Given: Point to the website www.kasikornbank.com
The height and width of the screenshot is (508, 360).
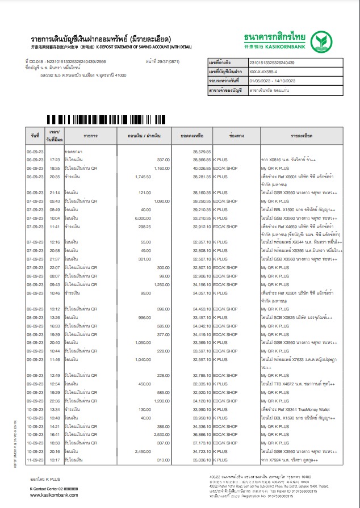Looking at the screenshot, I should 55,495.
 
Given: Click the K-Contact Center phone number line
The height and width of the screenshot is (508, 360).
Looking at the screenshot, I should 55,488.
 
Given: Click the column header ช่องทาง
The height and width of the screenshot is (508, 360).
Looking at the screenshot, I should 236,137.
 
